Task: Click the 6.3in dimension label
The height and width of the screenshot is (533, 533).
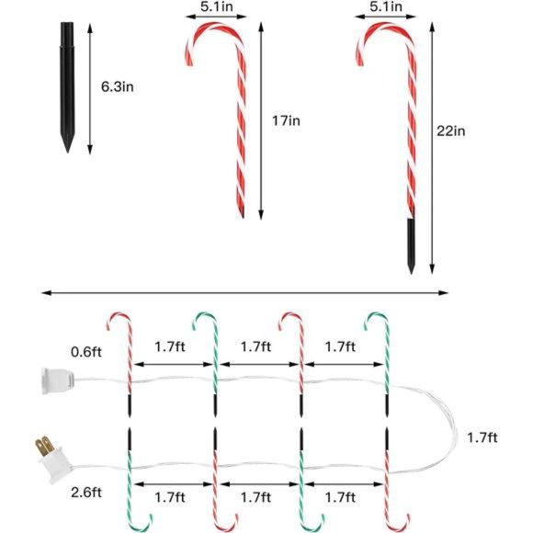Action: pyautogui.click(x=118, y=86)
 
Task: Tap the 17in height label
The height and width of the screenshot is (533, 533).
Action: pyautogui.click(x=286, y=120)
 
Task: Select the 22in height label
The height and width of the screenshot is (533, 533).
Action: pyautogui.click(x=450, y=130)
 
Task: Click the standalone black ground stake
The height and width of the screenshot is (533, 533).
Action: pyautogui.click(x=67, y=87)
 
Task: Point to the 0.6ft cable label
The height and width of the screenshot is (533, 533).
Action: pyautogui.click(x=86, y=352)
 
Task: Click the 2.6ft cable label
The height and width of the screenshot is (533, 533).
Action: pyautogui.click(x=86, y=493)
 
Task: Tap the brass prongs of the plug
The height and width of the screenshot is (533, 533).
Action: pyautogui.click(x=44, y=447)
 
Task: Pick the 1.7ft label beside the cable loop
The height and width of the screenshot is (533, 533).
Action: pyautogui.click(x=482, y=437)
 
